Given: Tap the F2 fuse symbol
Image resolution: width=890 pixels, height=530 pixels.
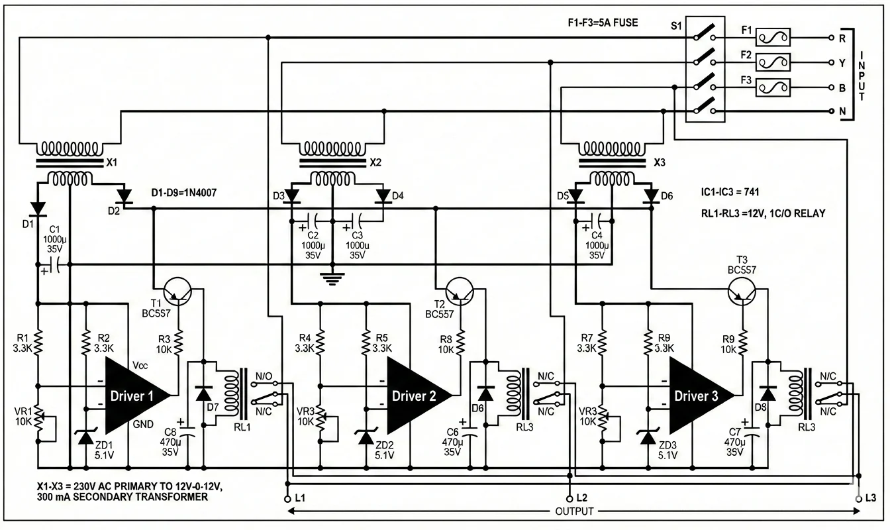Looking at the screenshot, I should (x=773, y=63).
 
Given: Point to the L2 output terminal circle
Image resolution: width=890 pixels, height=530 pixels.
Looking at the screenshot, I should (x=569, y=497).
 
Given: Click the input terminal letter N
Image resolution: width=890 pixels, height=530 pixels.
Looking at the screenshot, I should (x=842, y=112).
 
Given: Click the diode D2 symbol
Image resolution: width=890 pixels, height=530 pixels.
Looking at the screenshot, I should (x=123, y=195).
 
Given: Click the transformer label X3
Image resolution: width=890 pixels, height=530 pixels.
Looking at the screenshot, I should (x=660, y=162).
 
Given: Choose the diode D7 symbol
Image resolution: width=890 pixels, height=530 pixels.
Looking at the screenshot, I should (x=203, y=393).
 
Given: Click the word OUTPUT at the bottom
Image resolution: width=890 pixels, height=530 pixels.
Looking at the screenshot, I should (x=573, y=511).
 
